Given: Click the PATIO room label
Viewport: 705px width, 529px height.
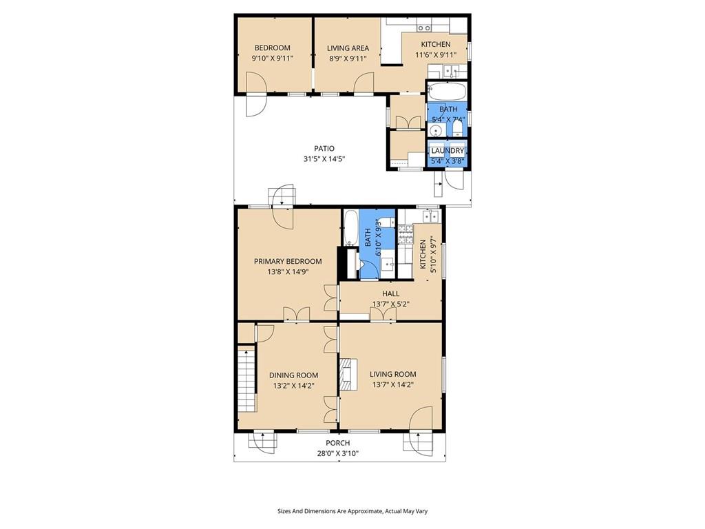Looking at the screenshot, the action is [x=324, y=149].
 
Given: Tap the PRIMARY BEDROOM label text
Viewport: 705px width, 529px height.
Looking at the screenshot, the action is [x=288, y=261].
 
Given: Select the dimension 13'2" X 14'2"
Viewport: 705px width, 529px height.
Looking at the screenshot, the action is [x=293, y=386].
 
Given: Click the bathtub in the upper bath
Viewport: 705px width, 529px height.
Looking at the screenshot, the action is [x=447, y=92].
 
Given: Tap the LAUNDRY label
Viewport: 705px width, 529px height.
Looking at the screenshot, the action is [x=448, y=151].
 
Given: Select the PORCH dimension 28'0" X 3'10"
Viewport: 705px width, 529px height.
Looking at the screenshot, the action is [x=337, y=453].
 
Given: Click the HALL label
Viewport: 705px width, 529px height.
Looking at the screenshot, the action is [x=391, y=293].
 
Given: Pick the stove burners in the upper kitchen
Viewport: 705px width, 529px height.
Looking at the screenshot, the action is [x=424, y=28].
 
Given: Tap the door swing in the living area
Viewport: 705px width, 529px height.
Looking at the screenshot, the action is [x=365, y=83].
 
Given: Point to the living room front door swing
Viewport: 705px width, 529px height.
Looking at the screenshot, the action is [x=421, y=418].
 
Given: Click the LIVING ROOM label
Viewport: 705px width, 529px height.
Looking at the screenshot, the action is [x=393, y=374].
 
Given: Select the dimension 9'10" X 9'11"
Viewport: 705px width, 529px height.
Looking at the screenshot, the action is [x=273, y=58].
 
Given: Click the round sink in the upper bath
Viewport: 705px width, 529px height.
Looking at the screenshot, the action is [x=435, y=131].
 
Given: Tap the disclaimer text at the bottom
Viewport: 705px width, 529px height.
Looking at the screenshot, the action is [x=352, y=511].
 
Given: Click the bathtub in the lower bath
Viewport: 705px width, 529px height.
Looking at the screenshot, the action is [x=350, y=227].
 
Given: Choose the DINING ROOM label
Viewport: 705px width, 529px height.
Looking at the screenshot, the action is [x=293, y=375].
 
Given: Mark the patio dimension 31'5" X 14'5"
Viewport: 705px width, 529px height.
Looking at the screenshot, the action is [x=324, y=159].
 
